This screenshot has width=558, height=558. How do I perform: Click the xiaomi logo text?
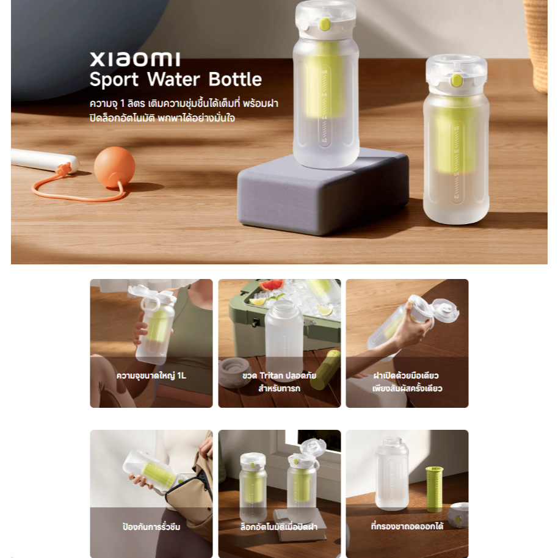click(135, 59)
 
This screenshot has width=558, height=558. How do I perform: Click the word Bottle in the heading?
click(235, 79)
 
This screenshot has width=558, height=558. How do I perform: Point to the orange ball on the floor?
click(115, 167)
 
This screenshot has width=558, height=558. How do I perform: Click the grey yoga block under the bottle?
click(323, 192)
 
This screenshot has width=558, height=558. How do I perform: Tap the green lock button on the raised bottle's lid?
click(325, 24)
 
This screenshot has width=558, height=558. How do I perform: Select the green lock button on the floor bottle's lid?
click(456, 81)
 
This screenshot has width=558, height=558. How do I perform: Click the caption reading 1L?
click(181, 375)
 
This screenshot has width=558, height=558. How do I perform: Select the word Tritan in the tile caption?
click(272, 375)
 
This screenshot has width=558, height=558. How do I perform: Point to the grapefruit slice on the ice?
click(272, 285)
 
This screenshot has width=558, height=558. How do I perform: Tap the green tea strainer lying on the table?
click(325, 369)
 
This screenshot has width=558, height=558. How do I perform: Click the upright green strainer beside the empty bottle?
click(435, 489)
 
